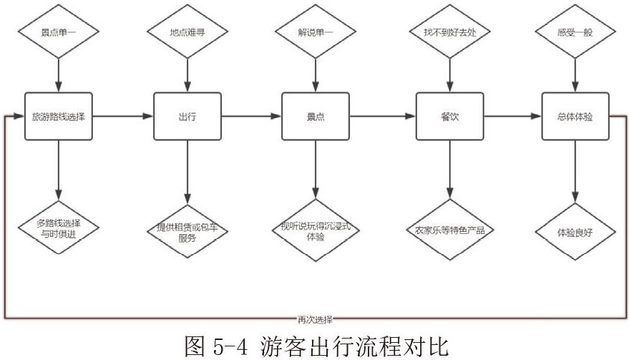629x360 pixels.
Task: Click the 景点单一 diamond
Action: pos(59,31)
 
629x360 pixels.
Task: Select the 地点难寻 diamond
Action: pos(187,31)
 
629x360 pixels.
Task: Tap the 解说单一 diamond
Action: pos(316,31)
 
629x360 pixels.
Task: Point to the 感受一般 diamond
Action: pos(575,31)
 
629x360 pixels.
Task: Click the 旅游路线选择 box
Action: pos(59,116)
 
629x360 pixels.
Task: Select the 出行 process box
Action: pos(187,116)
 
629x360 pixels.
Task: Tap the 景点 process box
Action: pos(316,116)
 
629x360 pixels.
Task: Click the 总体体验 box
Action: pos(575,116)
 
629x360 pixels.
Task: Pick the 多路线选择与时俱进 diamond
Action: pos(59,229)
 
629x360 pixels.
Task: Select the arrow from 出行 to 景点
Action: pos(251,116)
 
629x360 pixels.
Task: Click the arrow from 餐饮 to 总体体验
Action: pos(512,116)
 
